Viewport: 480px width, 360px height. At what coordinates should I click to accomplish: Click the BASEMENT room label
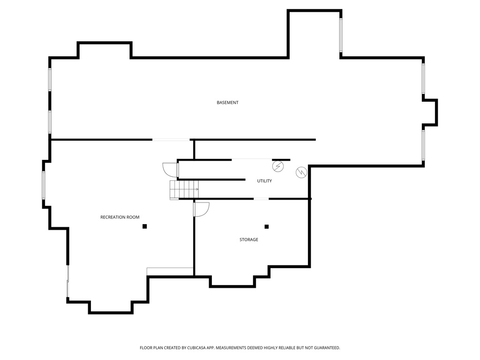(227, 103)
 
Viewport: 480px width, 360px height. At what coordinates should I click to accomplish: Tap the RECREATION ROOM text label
(120, 217)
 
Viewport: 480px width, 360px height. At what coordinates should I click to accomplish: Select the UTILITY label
(264, 181)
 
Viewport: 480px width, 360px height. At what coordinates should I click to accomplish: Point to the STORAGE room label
(249, 240)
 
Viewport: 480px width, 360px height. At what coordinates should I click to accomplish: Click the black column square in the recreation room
(145, 226)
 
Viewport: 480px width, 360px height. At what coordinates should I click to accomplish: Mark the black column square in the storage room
(267, 226)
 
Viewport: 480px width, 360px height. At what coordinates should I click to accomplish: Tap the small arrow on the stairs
(196, 189)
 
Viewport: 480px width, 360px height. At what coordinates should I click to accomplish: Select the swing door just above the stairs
(170, 169)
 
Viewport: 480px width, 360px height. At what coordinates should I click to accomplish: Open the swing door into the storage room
(201, 209)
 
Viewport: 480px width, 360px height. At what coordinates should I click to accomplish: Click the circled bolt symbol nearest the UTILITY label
(277, 166)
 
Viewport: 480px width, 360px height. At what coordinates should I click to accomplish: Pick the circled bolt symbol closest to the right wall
(300, 172)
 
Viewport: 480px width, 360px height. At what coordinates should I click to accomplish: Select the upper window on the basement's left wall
(50, 80)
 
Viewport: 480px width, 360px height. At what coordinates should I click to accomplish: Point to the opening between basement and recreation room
(171, 140)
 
